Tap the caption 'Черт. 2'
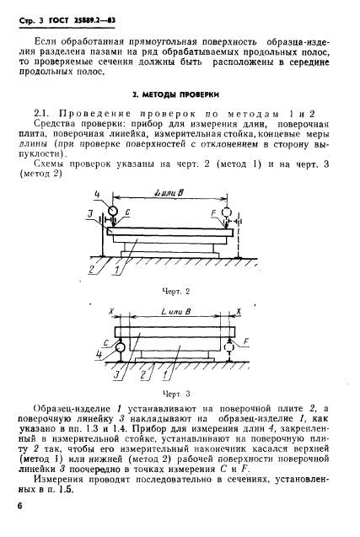click(x=179, y=289)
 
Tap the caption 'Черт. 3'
click(x=179, y=393)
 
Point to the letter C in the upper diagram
click(x=127, y=211)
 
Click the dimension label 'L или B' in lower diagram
click(x=175, y=311)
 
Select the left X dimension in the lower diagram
click(x=110, y=311)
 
